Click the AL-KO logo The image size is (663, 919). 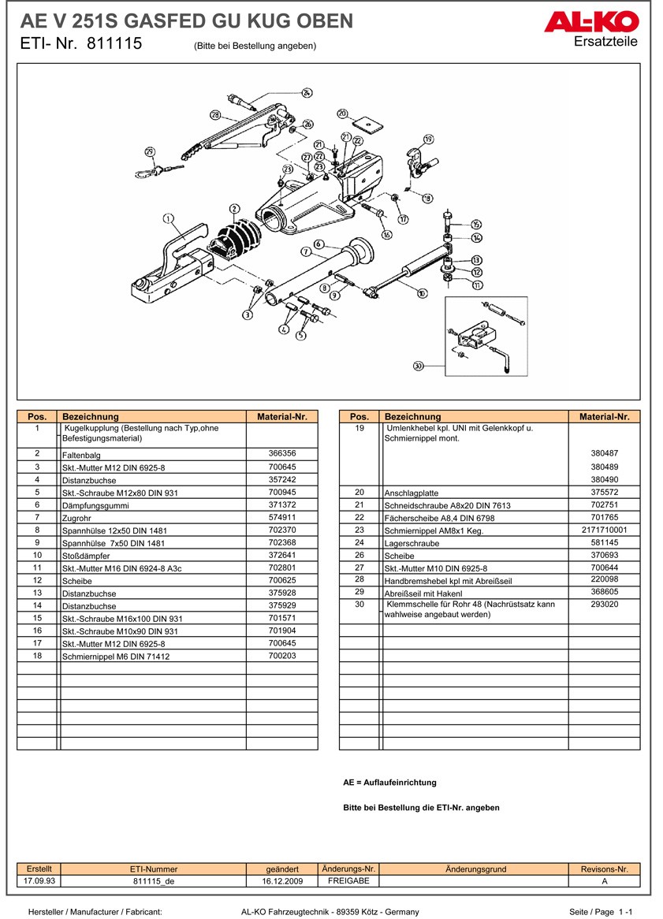590,23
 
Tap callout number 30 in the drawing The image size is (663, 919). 418,366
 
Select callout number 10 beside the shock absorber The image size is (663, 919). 422,293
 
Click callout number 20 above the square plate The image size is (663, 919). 342,113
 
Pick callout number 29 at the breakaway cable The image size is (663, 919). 150,152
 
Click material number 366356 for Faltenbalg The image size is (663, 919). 281,453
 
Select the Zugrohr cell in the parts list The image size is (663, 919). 153,518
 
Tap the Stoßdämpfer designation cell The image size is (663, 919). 153,556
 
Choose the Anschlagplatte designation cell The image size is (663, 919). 475,493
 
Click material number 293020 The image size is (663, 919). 604,605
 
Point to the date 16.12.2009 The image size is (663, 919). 282,881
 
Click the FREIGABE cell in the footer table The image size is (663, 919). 348,881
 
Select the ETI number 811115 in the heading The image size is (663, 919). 114,44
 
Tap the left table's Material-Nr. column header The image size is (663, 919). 281,416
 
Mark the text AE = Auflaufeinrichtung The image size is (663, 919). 389,783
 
